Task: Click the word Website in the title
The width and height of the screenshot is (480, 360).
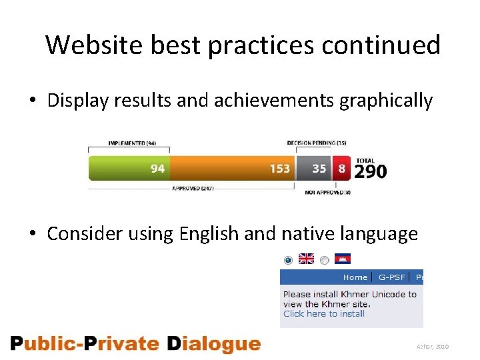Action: click(x=95, y=45)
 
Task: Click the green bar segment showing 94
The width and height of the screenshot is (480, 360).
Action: click(x=129, y=168)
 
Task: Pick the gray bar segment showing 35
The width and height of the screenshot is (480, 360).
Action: click(x=313, y=168)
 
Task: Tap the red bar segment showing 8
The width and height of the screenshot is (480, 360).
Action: click(x=342, y=168)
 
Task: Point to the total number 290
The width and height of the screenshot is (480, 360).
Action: click(x=370, y=172)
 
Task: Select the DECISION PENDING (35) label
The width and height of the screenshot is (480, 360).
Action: click(x=317, y=143)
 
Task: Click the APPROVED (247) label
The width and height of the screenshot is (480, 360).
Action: click(x=193, y=189)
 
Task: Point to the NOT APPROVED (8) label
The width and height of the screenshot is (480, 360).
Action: click(x=327, y=192)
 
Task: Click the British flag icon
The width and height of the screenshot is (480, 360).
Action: click(x=306, y=259)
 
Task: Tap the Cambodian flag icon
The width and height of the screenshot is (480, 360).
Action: click(x=343, y=259)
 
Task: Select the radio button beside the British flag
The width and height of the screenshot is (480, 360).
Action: click(x=288, y=259)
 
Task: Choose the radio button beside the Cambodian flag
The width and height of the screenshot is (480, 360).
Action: click(x=324, y=260)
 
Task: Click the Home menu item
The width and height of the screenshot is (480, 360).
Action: click(x=355, y=277)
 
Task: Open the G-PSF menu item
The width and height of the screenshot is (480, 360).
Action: click(x=391, y=277)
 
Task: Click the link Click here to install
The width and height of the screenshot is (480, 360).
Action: click(x=323, y=313)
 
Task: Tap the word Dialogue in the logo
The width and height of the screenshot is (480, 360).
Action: click(x=213, y=344)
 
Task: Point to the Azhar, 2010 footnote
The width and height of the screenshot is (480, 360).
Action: click(x=433, y=347)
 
